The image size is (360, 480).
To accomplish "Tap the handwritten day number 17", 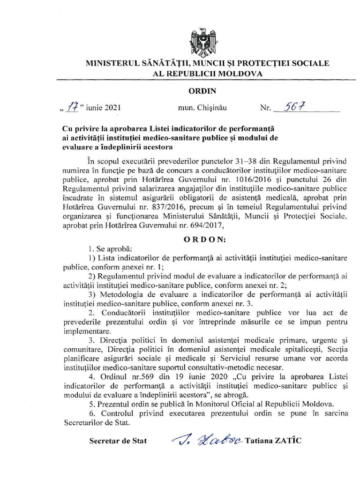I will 72,107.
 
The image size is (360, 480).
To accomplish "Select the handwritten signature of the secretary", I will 206,440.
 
